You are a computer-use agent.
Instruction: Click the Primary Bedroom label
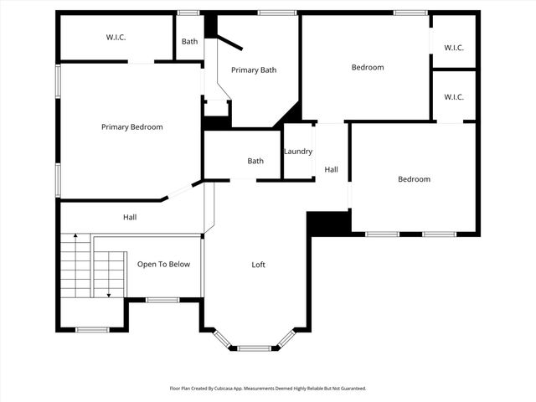pos(131,127)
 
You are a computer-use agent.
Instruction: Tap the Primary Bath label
pos(254,70)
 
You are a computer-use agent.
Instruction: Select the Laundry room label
pos(298,152)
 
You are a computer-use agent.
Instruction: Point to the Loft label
pos(259,265)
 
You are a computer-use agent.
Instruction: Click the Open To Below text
pos(163,265)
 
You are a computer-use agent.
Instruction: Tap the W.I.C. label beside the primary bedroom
pos(116,37)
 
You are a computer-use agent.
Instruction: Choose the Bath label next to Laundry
pos(255,161)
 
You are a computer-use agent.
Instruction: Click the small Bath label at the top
pos(189,41)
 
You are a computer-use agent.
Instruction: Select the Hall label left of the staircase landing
pos(130,218)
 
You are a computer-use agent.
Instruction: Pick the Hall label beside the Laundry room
pos(331,170)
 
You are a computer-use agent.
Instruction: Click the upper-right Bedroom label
pos(368,68)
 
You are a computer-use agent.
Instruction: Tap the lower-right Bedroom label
pos(414,179)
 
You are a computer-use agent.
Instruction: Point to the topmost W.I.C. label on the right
pos(453,47)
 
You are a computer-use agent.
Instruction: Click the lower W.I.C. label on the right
pos(453,97)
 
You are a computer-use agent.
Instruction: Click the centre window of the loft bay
pos(254,348)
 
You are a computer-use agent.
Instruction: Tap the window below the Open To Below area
pos(162,300)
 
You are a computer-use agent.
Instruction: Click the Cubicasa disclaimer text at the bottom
pos(268,389)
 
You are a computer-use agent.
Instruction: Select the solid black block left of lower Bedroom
pos(327,223)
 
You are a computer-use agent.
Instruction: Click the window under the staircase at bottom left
pos(92,330)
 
